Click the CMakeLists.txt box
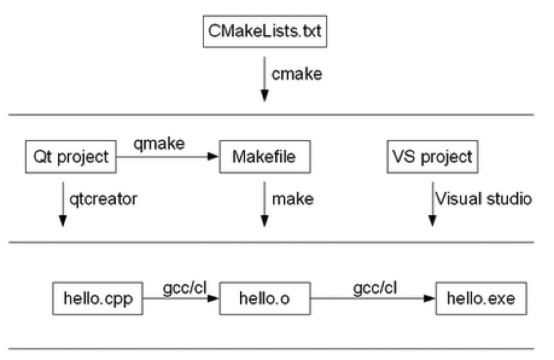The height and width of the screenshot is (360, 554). pyautogui.click(x=265, y=31)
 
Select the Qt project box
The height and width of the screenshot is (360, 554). pyautogui.click(x=71, y=156)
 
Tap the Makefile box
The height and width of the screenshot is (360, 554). pyautogui.click(x=265, y=156)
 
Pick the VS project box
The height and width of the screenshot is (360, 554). pyautogui.click(x=433, y=156)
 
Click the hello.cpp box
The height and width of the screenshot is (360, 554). pyautogui.click(x=98, y=298)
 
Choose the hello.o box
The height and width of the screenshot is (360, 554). pyautogui.click(x=265, y=298)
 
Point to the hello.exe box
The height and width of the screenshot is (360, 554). pyautogui.click(x=481, y=298)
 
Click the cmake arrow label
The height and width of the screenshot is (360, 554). pyautogui.click(x=297, y=74)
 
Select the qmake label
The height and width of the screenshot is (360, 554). pyautogui.click(x=159, y=144)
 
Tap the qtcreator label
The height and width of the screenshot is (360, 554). pyautogui.click(x=103, y=199)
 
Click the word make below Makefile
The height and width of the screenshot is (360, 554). pyautogui.click(x=293, y=199)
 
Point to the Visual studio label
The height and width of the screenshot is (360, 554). pyautogui.click(x=483, y=199)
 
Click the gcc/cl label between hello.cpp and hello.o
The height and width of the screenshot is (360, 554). pyautogui.click(x=185, y=289)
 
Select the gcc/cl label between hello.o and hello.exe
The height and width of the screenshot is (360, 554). pyautogui.click(x=375, y=289)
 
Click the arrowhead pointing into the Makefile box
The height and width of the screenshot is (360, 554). pyautogui.click(x=213, y=156)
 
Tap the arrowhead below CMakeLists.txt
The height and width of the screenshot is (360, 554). pyautogui.click(x=264, y=96)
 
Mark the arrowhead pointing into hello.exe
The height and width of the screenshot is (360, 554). pyautogui.click(x=430, y=298)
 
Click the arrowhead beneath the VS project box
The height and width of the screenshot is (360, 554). pyautogui.click(x=432, y=221)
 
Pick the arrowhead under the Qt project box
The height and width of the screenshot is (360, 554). pyautogui.click(x=63, y=221)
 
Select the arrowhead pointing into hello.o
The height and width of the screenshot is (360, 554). pyautogui.click(x=213, y=298)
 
